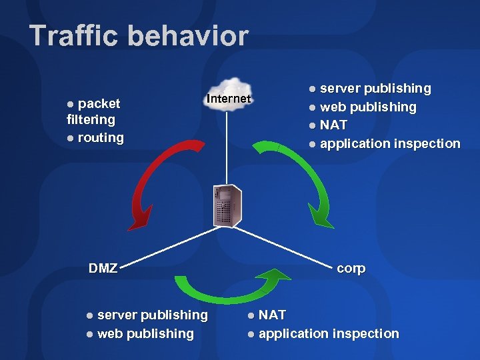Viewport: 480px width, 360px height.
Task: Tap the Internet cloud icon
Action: coord(229,98)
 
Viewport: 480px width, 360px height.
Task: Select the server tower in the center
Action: coord(227,205)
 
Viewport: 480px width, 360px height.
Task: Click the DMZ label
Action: coord(103,269)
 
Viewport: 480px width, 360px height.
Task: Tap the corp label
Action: coord(351,269)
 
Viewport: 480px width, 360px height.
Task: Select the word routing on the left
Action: coord(101,137)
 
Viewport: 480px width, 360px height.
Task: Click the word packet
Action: coord(99,103)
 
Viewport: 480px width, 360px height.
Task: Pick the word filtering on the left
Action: coord(91,120)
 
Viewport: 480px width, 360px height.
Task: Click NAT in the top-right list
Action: coord(333,125)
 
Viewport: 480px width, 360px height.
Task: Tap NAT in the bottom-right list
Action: coord(272,315)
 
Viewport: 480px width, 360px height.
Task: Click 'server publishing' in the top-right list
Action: coord(375,88)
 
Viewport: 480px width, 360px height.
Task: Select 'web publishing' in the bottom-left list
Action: coord(145,333)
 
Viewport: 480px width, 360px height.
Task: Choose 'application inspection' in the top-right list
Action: coord(390,143)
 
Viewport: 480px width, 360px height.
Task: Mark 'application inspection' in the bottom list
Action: coord(329,333)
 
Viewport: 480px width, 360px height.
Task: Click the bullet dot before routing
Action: coord(71,138)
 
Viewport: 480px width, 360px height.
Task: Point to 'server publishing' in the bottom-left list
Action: coord(153,315)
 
